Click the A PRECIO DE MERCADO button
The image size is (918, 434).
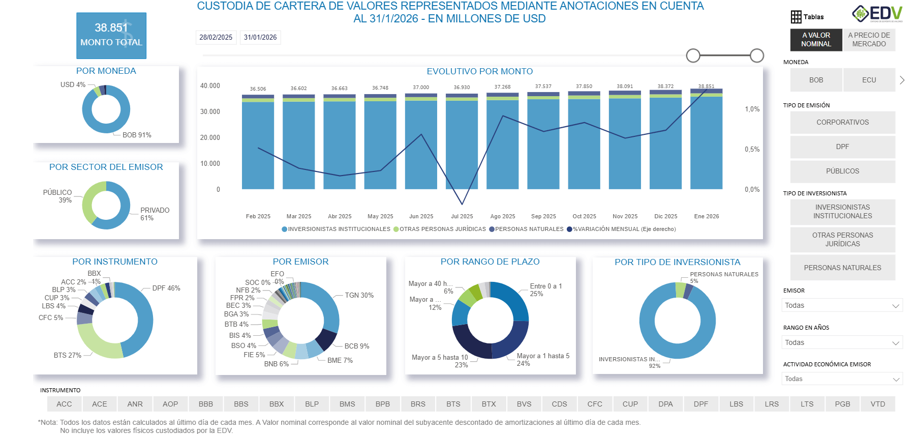(869, 40)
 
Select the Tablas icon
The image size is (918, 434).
(807, 17)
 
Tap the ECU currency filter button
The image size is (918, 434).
(869, 80)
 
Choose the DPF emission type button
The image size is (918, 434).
(842, 147)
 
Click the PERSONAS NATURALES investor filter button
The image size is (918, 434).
(842, 268)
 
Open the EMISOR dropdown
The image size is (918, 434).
(842, 305)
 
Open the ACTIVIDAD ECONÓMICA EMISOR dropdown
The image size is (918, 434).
(842, 379)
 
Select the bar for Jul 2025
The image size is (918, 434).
(462, 145)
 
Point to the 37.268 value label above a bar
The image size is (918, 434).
(502, 87)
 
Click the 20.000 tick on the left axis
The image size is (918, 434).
(210, 137)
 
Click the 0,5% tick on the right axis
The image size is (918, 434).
(752, 149)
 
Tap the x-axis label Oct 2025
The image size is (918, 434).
(584, 216)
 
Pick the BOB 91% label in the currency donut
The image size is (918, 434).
(137, 135)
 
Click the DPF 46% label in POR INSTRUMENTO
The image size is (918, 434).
(166, 288)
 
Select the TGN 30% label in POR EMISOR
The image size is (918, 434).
(359, 295)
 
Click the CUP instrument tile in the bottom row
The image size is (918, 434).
(630, 404)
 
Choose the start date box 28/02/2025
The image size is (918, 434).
(216, 37)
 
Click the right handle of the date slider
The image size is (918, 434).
(756, 55)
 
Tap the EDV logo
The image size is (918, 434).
(877, 14)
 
